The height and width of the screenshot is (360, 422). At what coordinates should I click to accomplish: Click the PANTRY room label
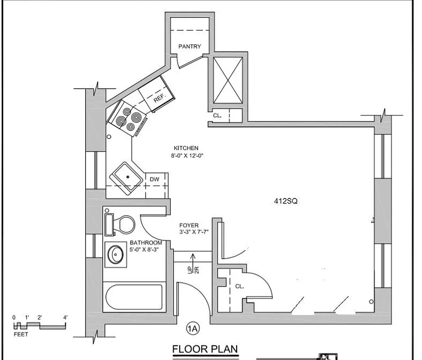click(190, 46)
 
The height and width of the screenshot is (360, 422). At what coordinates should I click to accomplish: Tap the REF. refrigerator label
click(159, 98)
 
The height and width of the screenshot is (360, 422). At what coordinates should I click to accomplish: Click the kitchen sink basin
click(128, 177)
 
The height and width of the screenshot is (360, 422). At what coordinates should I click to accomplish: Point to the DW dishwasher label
click(155, 179)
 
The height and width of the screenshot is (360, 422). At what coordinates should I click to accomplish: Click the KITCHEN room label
click(186, 148)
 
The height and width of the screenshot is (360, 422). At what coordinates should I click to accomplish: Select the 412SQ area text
click(286, 202)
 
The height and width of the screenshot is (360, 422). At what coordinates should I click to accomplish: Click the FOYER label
click(189, 225)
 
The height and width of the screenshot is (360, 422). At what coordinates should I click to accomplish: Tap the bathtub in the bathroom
click(133, 297)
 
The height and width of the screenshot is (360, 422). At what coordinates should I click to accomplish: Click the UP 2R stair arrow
click(193, 263)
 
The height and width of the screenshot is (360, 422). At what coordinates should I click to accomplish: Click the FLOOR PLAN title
click(205, 349)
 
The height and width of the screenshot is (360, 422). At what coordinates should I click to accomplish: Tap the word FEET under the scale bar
click(21, 334)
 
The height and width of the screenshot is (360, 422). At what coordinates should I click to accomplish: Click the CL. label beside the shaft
click(218, 116)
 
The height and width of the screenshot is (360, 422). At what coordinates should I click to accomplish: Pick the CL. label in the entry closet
click(239, 286)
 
